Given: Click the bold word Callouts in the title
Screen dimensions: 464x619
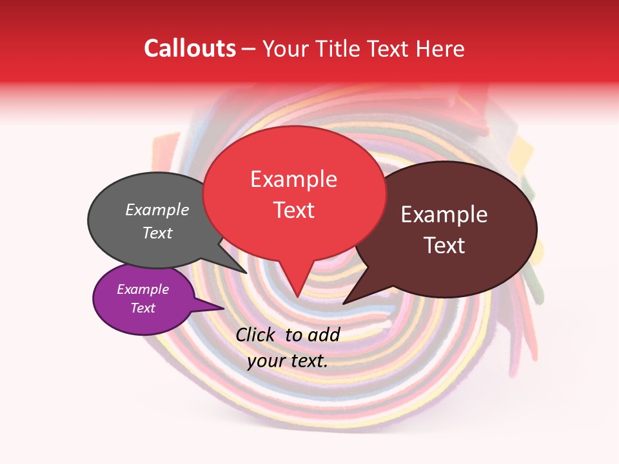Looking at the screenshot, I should pyautogui.click(x=190, y=49).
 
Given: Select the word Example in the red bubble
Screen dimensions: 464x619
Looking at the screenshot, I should pyautogui.click(x=293, y=179).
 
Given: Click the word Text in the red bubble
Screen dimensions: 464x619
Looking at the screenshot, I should pyautogui.click(x=293, y=210).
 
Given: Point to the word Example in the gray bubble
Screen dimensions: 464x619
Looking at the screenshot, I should pyautogui.click(x=157, y=210).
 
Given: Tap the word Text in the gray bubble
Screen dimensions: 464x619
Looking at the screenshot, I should pyautogui.click(x=157, y=233).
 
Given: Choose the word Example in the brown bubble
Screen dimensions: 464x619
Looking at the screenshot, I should pyautogui.click(x=444, y=215).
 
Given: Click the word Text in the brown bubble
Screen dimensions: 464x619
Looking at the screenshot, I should pyautogui.click(x=444, y=246).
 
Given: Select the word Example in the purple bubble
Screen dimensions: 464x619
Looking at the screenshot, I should pyautogui.click(x=142, y=289).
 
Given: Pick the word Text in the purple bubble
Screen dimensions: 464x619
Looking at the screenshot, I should pyautogui.click(x=142, y=308).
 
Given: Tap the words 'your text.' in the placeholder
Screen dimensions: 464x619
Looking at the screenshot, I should pyautogui.click(x=287, y=362).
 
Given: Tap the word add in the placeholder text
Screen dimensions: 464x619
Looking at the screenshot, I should pyautogui.click(x=324, y=334).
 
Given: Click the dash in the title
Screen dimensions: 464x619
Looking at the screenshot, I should pyautogui.click(x=249, y=49).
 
